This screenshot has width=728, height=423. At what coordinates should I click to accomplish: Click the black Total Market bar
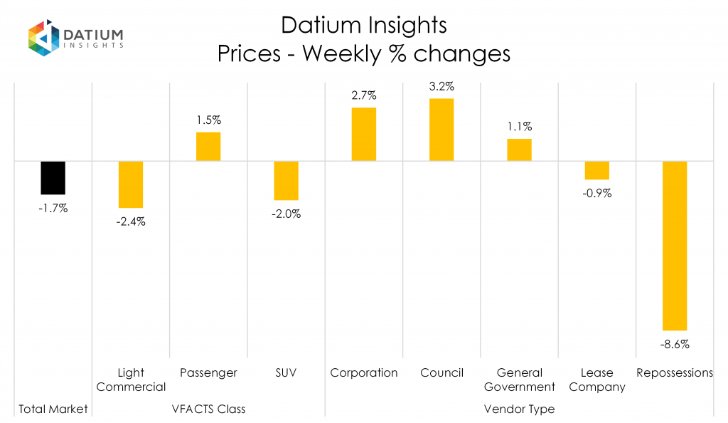[53, 177]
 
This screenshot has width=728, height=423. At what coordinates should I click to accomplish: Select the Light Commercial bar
[131, 184]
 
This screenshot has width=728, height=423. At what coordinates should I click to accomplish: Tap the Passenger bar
[208, 146]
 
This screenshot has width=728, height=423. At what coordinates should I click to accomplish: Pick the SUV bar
[286, 180]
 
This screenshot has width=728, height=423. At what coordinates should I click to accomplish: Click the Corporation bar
[363, 134]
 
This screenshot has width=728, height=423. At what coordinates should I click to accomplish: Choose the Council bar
[441, 130]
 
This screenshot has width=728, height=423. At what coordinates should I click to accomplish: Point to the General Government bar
[519, 150]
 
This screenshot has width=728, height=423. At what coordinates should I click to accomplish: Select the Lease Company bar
[596, 170]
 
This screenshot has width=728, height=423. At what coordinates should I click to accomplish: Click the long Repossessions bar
[675, 246]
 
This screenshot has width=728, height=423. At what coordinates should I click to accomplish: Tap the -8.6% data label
[675, 344]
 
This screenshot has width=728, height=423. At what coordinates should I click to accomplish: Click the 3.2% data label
[441, 86]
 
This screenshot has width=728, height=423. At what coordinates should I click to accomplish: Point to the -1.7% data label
[53, 209]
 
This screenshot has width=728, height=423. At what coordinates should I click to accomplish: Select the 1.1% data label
[519, 127]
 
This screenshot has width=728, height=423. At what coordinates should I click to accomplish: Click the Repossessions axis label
[675, 373]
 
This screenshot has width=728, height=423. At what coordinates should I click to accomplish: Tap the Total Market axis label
[53, 409]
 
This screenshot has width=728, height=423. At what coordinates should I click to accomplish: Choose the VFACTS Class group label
[208, 409]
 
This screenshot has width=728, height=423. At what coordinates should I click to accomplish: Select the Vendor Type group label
[519, 409]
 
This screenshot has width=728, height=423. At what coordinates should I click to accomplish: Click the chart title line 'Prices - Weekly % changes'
[364, 54]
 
